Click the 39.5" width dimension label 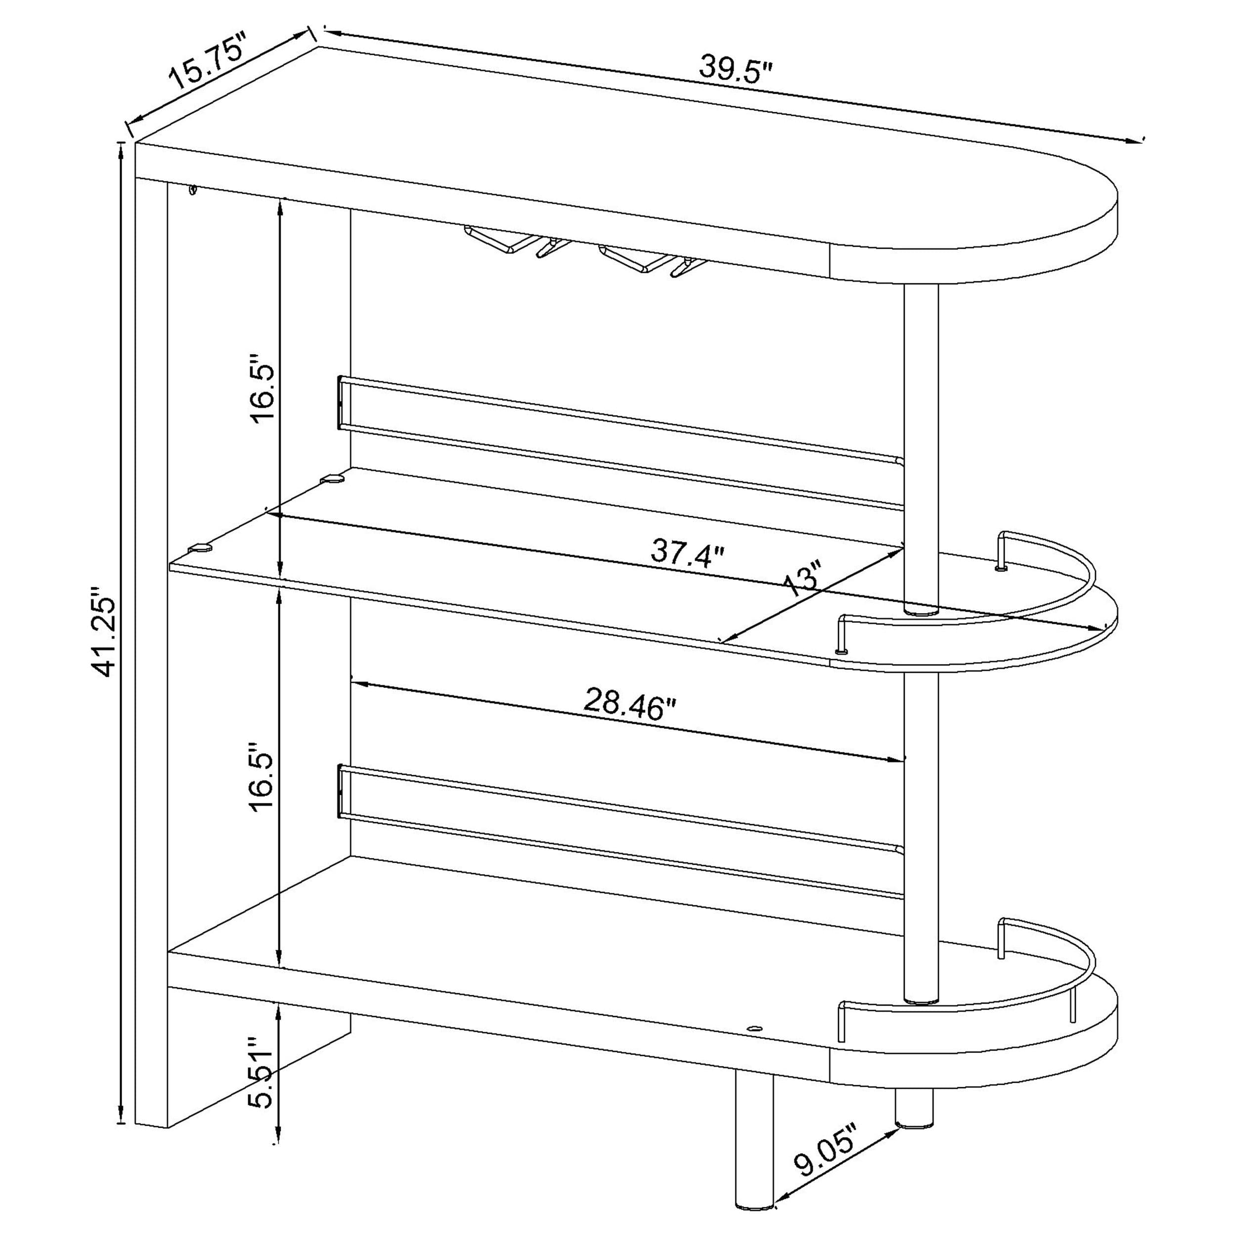[x=736, y=70]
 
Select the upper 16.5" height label [x=263, y=392]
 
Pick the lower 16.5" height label [x=263, y=778]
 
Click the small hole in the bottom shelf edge [x=755, y=1047]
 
